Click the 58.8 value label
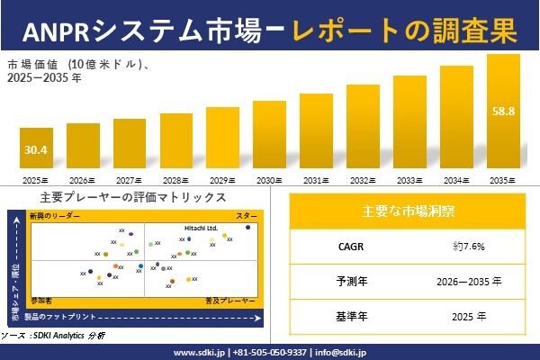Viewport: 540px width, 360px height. (502, 112)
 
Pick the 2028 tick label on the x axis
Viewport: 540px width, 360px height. (176, 180)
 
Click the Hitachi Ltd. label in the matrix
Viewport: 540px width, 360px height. (201, 228)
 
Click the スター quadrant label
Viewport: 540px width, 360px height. (247, 217)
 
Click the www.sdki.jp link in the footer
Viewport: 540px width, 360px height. (198, 351)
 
